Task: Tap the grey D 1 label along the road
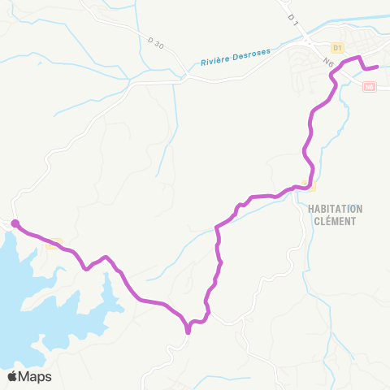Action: point(291,14)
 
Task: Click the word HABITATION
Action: point(336,209)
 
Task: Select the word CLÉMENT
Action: point(336,219)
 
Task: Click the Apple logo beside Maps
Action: point(13,376)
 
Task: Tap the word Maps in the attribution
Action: point(36,376)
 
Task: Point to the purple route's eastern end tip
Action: point(378,67)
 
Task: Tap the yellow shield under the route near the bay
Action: point(54,242)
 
